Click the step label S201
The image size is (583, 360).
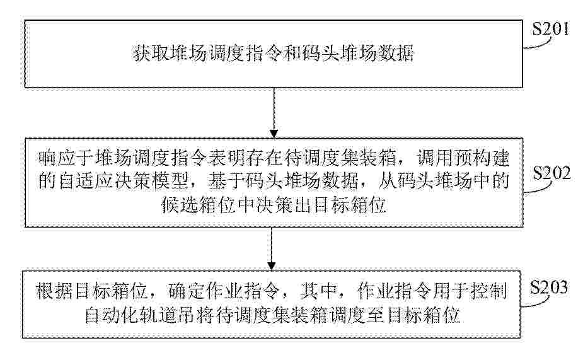[550, 28]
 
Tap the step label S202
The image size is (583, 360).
[551, 173]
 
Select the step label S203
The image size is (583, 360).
[549, 287]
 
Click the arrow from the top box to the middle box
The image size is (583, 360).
[274, 113]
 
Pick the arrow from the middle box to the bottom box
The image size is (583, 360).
[272, 248]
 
